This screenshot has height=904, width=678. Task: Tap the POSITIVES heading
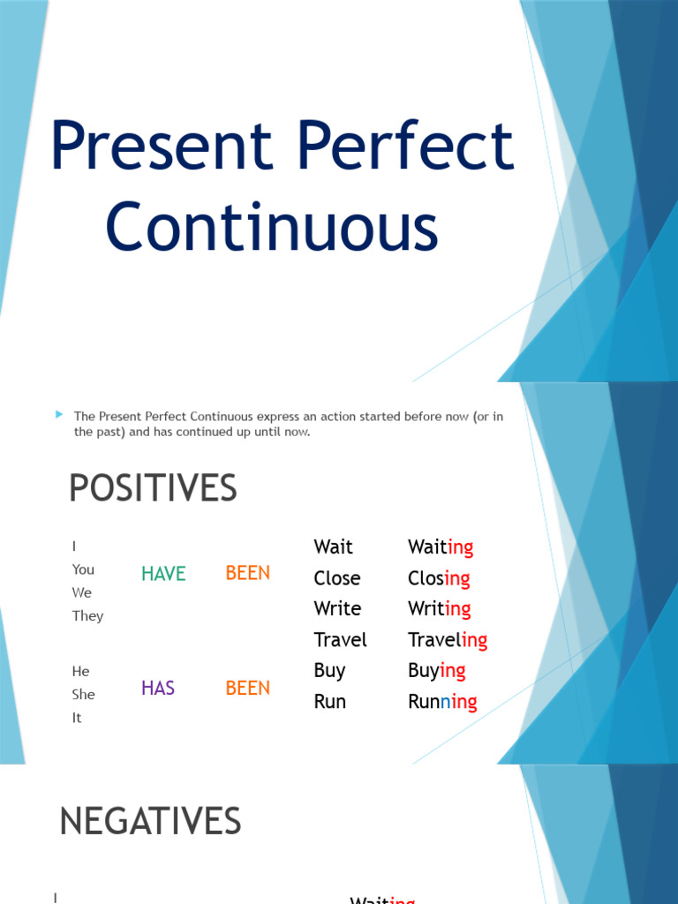(153, 488)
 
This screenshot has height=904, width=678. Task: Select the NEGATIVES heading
(150, 822)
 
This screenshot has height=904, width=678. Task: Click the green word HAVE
(163, 574)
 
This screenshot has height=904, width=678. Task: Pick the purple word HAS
(158, 689)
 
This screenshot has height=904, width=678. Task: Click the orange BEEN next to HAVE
(248, 573)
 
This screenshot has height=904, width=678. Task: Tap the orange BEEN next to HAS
(248, 689)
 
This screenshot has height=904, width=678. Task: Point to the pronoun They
(87, 616)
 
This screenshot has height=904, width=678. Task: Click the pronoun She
(83, 695)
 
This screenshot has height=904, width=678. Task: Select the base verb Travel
(340, 640)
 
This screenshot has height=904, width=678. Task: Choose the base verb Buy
(329, 671)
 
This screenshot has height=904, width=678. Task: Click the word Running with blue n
(442, 702)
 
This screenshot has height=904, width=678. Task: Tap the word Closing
(439, 578)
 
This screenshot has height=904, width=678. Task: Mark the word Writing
(439, 609)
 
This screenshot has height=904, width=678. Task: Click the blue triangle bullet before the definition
(59, 414)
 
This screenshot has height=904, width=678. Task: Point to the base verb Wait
(333, 547)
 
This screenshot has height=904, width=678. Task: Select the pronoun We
(82, 592)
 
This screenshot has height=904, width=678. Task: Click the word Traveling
(448, 640)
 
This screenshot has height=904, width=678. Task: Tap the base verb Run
(329, 702)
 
